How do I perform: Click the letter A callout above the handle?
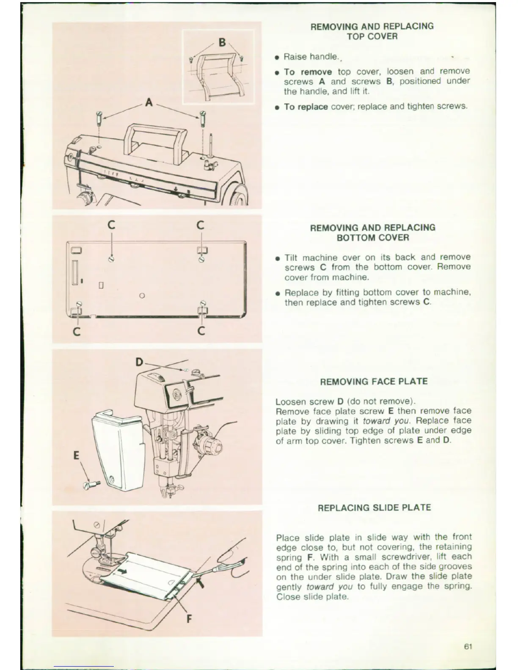149,102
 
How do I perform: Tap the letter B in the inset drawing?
222,43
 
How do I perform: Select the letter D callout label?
140,362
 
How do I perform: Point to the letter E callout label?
76,456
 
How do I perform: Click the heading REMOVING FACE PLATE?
374,382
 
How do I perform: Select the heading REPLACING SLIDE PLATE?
374,508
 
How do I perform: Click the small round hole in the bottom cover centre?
142,295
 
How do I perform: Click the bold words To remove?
308,71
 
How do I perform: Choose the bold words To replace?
306,107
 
